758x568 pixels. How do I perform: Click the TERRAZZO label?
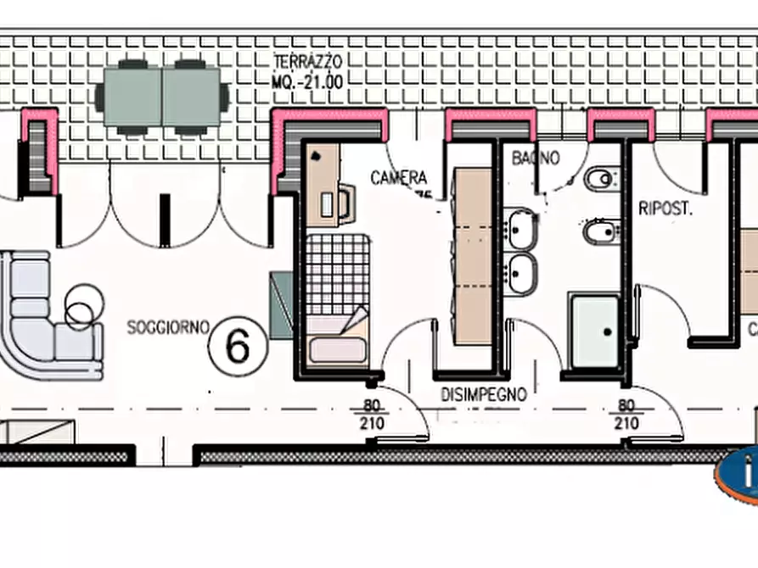point(307,61)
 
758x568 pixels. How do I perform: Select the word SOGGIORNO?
point(167,327)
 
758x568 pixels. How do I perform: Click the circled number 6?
point(239,346)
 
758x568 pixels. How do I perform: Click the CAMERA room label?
point(398,178)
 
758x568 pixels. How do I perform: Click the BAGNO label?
point(536,159)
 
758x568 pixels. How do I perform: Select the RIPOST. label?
point(665,208)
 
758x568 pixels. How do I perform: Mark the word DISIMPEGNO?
point(483,394)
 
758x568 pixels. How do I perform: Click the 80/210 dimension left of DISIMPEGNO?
point(372,415)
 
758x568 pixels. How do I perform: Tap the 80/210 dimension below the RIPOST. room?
point(626,415)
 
